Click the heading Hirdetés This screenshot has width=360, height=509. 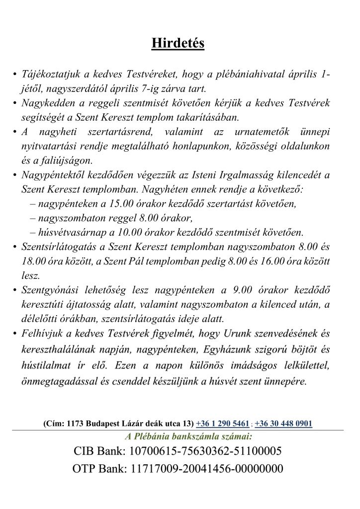tap(178, 44)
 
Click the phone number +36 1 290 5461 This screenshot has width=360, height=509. tap(223, 424)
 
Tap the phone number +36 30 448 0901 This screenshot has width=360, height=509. tap(283, 424)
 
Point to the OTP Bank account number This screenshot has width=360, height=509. tap(206, 468)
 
